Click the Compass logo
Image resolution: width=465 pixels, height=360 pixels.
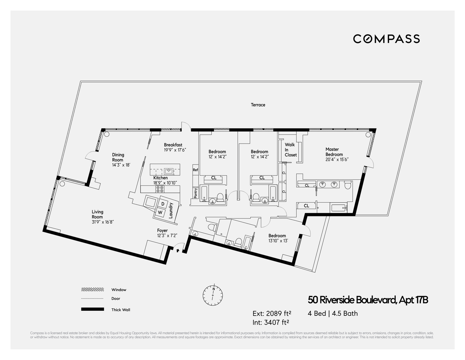386,39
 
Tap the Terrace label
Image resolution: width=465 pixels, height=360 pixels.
258,105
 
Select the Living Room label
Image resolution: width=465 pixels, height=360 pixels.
97,214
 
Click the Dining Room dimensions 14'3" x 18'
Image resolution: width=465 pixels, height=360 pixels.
121,165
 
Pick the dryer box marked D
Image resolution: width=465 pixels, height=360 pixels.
163,204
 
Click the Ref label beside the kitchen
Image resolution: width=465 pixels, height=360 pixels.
195,170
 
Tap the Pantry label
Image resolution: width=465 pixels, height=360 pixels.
195,193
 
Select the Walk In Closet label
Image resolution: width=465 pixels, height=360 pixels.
291,150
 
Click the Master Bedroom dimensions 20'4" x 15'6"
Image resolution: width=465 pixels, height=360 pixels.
337,159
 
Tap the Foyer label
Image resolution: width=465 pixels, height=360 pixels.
162,230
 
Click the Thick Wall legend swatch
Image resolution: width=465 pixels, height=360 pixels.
92,309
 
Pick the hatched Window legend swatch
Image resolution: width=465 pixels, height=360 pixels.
92,289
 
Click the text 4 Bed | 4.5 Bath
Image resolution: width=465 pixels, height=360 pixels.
333,313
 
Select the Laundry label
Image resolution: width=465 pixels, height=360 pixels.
171,210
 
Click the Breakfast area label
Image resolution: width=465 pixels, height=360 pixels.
173,145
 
